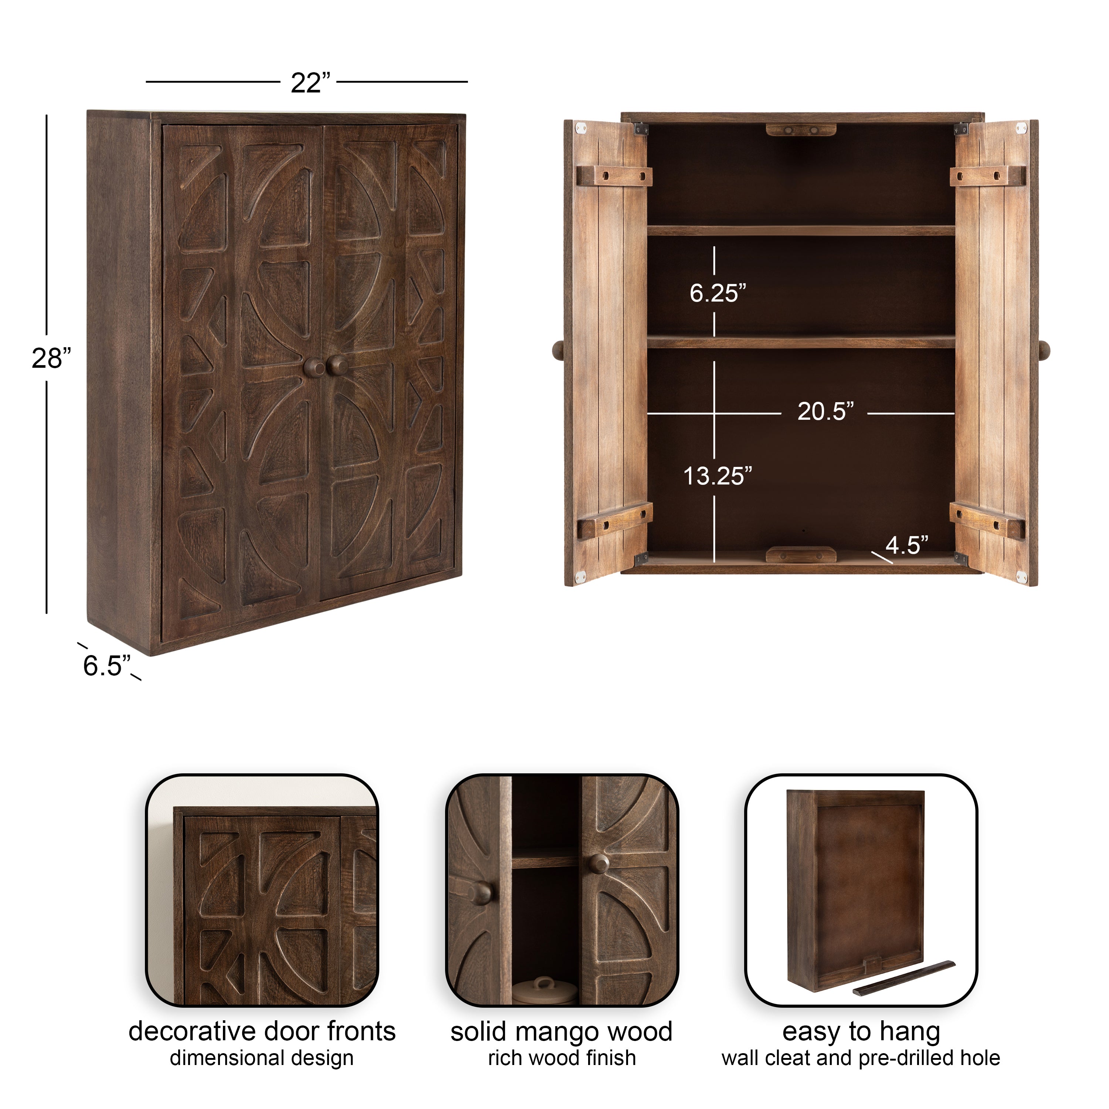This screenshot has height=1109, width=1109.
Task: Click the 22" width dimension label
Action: coord(311,83)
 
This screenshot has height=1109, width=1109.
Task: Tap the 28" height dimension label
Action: coord(51,359)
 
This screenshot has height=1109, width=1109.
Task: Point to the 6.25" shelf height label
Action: coord(718,293)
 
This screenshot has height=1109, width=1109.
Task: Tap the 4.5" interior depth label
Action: coord(907,545)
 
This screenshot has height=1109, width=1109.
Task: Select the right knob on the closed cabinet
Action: coord(337,366)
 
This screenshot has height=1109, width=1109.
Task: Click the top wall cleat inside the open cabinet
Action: coord(801,130)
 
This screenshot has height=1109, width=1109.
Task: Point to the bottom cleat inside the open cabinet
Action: coord(801,554)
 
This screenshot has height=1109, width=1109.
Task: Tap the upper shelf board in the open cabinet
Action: coord(801,230)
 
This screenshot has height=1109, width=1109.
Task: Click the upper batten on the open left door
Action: coord(614,176)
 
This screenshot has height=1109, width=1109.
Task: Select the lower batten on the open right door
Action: coord(987,520)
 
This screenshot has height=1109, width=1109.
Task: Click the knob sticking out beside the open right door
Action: coord(1044,350)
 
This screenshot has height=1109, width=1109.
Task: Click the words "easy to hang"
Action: coord(861,1031)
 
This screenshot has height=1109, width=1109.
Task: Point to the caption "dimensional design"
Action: coord(262,1058)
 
